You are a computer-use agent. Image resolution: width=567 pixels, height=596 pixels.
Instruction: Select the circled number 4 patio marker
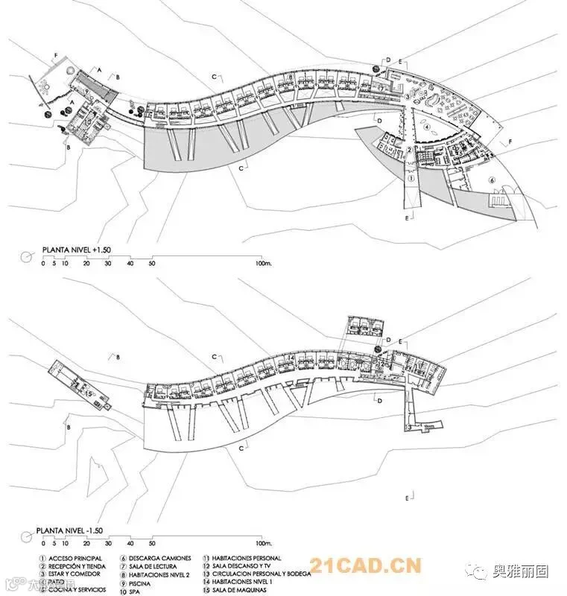[x=427, y=127]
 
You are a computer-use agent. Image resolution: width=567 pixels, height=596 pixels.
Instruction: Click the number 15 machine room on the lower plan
[x=87, y=393]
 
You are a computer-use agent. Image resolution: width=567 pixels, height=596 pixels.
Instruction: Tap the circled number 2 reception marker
[x=410, y=150]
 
